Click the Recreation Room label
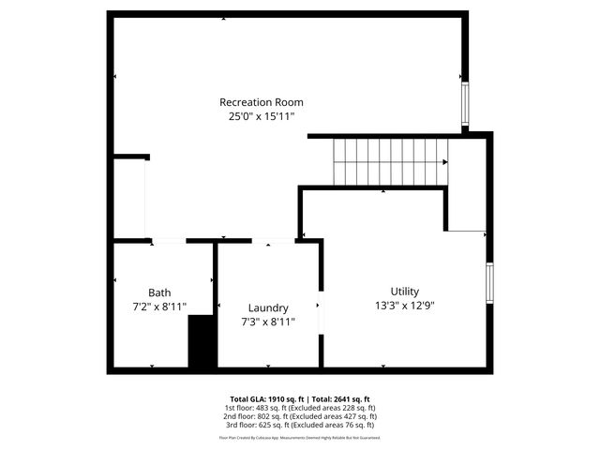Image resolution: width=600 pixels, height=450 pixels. pyautogui.click(x=261, y=102)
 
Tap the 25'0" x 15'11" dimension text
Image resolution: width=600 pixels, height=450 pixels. pyautogui.click(x=261, y=117)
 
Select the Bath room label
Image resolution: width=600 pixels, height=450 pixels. pyautogui.click(x=159, y=292)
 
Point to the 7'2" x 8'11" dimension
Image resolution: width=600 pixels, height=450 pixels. pyautogui.click(x=159, y=307)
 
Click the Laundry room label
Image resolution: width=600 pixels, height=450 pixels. pyautogui.click(x=268, y=307)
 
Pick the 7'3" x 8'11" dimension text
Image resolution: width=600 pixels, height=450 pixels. pyautogui.click(x=268, y=322)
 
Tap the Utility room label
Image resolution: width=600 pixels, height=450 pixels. pyautogui.click(x=405, y=291)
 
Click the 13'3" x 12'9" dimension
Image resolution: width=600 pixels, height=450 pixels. pyautogui.click(x=405, y=305)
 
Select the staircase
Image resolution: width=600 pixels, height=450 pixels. pyautogui.click(x=390, y=162)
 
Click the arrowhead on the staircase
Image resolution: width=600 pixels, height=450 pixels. pyautogui.click(x=444, y=162)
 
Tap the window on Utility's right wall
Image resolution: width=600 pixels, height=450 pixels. pyautogui.click(x=489, y=283)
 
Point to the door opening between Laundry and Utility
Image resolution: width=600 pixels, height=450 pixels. pyautogui.click(x=321, y=312)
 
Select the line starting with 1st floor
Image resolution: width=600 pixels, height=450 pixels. pyautogui.click(x=300, y=408)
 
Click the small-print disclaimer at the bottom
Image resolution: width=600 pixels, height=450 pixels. pyautogui.click(x=300, y=438)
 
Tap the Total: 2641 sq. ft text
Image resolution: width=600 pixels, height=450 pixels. pyautogui.click(x=341, y=398)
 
